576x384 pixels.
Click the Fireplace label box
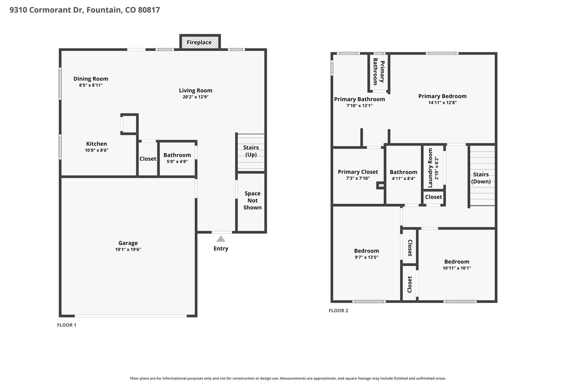tap(200, 42)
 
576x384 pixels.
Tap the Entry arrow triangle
tap(220, 239)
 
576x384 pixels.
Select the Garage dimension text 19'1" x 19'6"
tap(128, 249)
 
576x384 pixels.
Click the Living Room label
tap(195, 90)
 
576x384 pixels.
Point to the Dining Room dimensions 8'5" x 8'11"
tap(91, 85)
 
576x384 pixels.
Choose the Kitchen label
tap(96, 144)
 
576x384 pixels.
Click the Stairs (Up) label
tap(251, 151)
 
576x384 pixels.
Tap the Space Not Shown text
tap(252, 200)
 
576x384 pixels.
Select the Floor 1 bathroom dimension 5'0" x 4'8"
tap(177, 162)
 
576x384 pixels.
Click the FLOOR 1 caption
tap(67, 325)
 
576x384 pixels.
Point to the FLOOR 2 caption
tap(338, 311)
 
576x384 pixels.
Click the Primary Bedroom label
tap(442, 96)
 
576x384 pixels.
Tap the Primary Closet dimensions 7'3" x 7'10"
tap(358, 178)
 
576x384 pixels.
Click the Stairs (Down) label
tap(481, 178)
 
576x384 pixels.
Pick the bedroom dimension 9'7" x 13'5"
tap(366, 257)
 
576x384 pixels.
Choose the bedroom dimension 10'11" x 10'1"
tap(457, 268)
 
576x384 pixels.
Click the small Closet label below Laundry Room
tap(433, 197)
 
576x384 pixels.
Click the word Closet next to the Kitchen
tap(148, 159)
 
